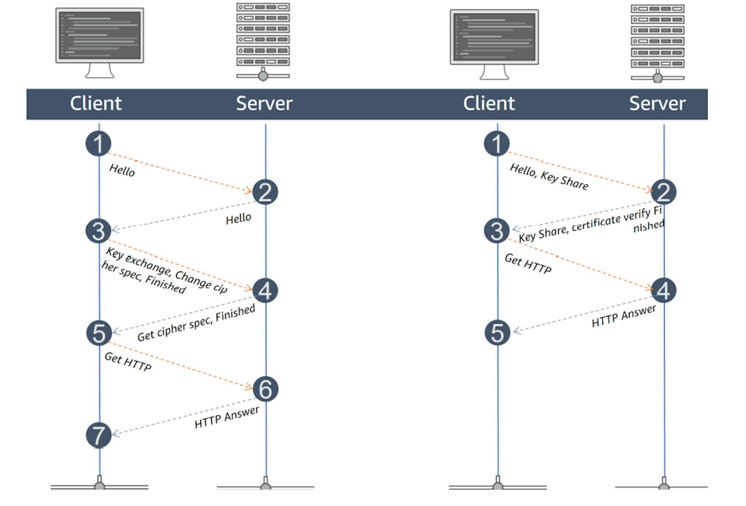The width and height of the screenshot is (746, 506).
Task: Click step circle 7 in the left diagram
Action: [x=99, y=435]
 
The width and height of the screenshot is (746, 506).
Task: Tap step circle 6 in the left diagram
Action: [x=265, y=389]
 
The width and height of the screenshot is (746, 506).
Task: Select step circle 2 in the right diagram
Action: [x=664, y=192]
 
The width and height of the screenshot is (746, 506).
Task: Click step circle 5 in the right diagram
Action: [x=497, y=333]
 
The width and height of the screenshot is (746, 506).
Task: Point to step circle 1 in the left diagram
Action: [x=98, y=144]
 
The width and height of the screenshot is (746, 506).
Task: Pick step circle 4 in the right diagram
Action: [x=664, y=290]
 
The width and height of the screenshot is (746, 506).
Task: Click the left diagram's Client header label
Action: [x=96, y=103]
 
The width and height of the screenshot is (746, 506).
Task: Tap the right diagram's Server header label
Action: [x=657, y=103]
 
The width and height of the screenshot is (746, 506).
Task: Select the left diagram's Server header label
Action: [x=264, y=103]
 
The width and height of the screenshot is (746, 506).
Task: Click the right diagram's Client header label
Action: [x=489, y=103]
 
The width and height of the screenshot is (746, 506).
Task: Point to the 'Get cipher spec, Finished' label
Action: [x=196, y=323]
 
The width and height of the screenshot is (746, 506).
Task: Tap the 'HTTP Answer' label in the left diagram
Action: [x=227, y=417]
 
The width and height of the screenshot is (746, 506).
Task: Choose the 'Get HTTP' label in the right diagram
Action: [x=528, y=264]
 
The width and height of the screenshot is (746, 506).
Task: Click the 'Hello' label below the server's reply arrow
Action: [x=239, y=219]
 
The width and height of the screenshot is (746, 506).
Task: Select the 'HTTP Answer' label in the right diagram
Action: [x=624, y=316]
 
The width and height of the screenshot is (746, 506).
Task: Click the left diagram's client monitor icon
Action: [x=99, y=42]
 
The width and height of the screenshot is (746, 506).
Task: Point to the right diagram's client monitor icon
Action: [x=494, y=44]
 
